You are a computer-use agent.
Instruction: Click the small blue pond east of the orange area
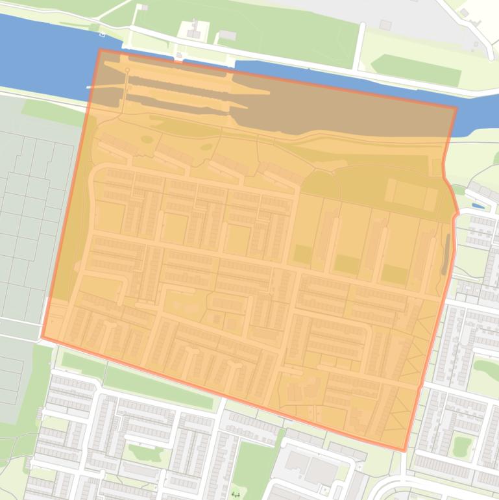[478, 206]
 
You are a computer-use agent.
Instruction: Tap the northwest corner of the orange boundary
[100, 50]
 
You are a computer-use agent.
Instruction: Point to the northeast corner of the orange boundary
[457, 108]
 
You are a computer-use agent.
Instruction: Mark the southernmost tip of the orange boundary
[404, 450]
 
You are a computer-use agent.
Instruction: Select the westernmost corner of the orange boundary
[43, 337]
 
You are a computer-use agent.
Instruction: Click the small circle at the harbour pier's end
[127, 69]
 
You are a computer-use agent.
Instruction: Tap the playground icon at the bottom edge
[236, 494]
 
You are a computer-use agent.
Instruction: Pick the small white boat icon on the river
[102, 32]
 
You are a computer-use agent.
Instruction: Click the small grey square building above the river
[385, 25]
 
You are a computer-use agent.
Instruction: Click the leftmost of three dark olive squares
[302, 254]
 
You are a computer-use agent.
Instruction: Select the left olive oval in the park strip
[147, 139]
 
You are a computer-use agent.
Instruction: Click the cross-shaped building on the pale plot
[193, 29]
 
